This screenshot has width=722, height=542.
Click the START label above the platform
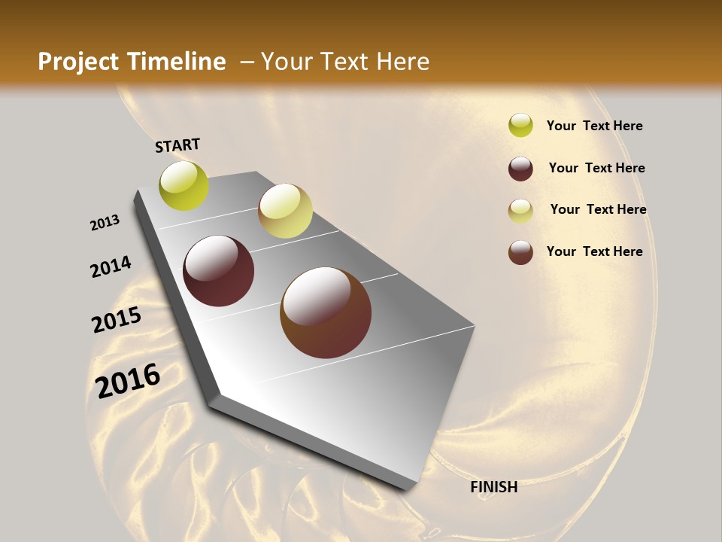tap(177, 145)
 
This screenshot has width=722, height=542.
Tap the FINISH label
tap(494, 487)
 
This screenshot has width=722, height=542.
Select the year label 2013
tap(105, 223)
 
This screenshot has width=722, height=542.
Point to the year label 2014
tap(111, 266)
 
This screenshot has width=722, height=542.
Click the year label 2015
tap(117, 320)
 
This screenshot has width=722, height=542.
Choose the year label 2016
tap(129, 381)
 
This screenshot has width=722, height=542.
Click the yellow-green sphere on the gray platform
tap(184, 185)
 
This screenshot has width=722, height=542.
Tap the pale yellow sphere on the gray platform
tap(285, 211)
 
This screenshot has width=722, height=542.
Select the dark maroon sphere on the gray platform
tap(219, 271)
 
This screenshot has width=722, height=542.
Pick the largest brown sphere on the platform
tap(326, 312)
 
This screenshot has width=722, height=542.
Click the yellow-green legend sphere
tap(520, 125)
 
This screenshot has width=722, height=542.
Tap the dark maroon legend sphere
tap(520, 169)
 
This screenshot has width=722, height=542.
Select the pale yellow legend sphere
tap(520, 211)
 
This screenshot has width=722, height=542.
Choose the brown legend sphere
tap(520, 252)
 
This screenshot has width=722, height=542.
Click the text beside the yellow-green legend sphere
tap(594, 126)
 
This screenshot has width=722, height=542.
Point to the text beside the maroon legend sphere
tap(596, 168)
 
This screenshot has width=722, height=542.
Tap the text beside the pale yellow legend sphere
tap(598, 209)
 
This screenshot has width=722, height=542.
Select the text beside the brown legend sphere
tap(594, 251)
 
